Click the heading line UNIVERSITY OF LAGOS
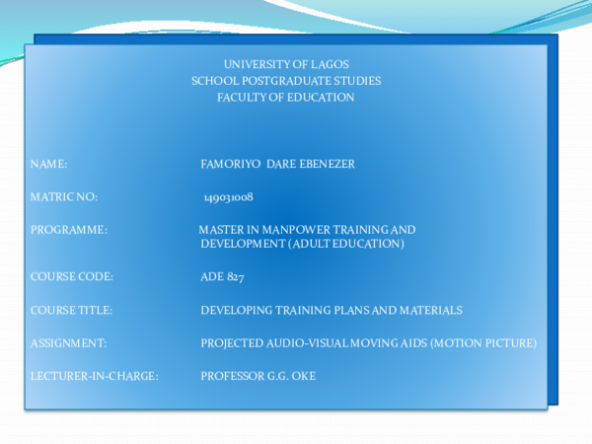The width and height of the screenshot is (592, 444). point(286,64)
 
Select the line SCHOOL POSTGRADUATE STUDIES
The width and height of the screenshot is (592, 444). point(286,81)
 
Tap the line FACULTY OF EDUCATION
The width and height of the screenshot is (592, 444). point(286,98)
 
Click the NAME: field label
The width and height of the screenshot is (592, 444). point(49,164)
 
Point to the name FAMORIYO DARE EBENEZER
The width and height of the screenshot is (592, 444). point(277,164)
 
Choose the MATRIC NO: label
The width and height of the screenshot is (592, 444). point(64,197)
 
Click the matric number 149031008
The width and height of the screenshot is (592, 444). point(229,197)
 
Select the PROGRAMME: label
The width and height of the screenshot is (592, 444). point(69,229)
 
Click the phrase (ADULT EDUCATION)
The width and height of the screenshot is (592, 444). point(346,243)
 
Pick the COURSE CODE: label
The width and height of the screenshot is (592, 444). point(72,277)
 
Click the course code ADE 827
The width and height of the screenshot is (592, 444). point(222,277)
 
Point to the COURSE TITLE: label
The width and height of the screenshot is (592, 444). point(72,310)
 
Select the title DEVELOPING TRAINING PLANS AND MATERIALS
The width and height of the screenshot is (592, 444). point(332,310)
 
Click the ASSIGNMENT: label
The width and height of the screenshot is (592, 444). point(69,342)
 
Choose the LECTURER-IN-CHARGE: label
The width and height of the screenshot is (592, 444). point(95,376)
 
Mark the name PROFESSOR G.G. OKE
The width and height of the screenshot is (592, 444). point(258,376)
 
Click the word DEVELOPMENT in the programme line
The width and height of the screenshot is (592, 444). point(243,243)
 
